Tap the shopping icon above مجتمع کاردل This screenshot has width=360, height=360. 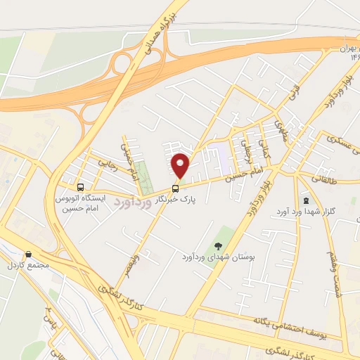point(28,255)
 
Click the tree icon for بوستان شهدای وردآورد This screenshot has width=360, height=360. point(218,245)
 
